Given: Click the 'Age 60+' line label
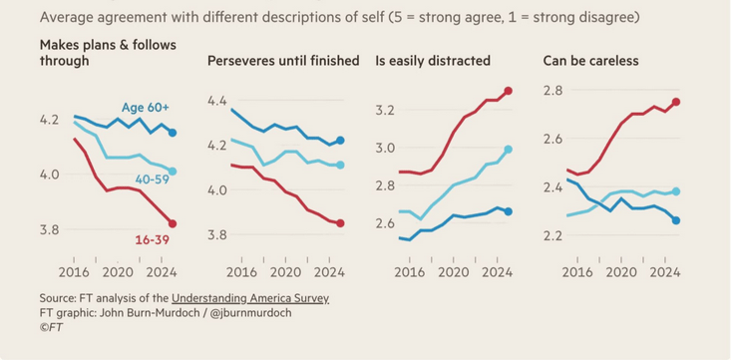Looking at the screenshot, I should click(x=146, y=108).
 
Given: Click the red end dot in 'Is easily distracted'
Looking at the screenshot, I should click(x=508, y=92).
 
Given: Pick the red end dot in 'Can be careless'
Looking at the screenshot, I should click(x=675, y=102).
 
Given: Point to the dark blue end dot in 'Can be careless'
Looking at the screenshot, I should click(x=675, y=220).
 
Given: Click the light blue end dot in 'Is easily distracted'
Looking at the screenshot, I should click(x=508, y=150).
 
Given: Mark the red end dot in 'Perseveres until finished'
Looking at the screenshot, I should click(x=340, y=223).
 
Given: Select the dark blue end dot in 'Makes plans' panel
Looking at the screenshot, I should click(x=173, y=133).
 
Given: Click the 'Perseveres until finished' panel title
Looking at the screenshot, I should click(x=283, y=61).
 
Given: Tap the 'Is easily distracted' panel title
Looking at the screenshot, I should click(x=433, y=61).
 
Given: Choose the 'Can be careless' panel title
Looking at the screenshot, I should click(x=591, y=61).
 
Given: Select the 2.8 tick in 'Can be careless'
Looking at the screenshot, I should click(x=553, y=91).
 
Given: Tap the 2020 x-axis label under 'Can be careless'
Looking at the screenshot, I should click(x=620, y=270).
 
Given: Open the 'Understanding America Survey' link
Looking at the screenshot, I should click(x=250, y=298).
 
